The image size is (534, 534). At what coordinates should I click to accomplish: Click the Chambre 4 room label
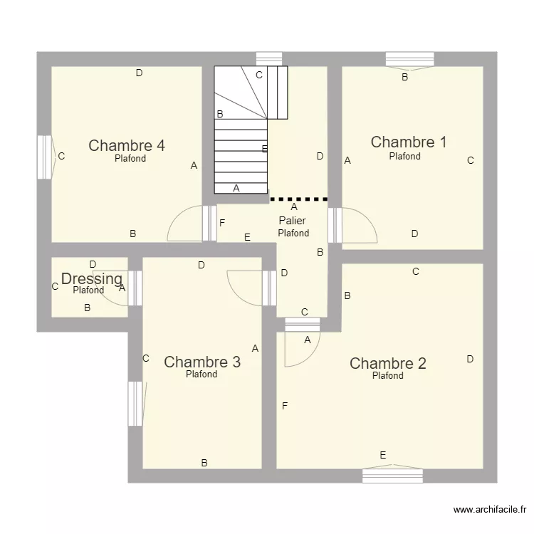click(127, 145)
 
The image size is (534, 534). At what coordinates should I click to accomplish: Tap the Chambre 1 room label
click(409, 142)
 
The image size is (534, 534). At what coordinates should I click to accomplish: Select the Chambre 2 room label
click(388, 363)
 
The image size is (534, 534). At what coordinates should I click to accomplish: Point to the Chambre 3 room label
click(202, 362)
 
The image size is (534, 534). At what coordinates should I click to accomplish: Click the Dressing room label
click(92, 279)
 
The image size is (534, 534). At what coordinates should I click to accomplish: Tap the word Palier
click(292, 221)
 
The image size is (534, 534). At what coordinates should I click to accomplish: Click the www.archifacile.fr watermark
click(490, 510)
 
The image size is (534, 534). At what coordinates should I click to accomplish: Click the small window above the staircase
click(269, 58)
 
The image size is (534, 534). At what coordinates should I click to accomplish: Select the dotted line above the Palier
click(298, 199)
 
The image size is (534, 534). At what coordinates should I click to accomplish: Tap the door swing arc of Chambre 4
click(177, 216)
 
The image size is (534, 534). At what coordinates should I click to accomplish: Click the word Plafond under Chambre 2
click(388, 376)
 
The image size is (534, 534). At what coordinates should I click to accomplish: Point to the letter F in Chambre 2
click(285, 406)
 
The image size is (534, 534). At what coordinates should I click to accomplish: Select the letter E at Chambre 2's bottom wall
click(383, 455)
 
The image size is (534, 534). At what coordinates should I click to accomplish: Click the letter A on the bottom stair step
click(236, 188)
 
